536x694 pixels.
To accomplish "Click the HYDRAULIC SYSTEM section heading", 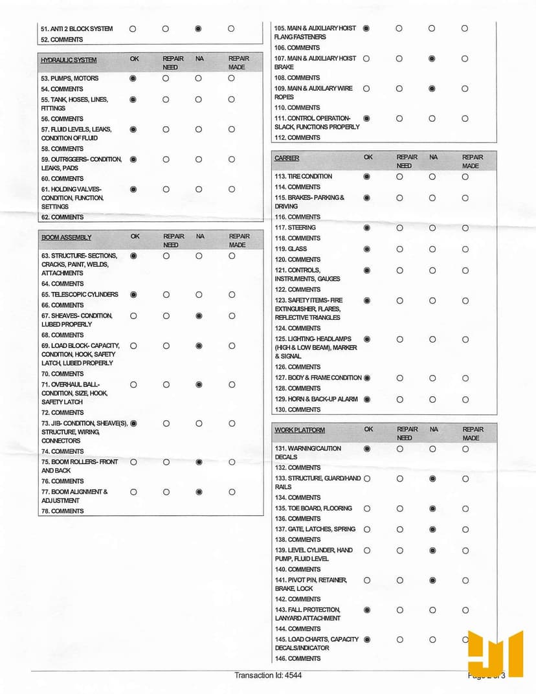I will [x=69, y=60].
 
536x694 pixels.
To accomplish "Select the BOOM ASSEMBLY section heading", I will [x=66, y=238].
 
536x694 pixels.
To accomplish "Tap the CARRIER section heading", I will [x=287, y=159].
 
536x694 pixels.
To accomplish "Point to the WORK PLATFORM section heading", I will [x=300, y=431].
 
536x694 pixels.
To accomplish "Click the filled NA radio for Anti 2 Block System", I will [x=198, y=28].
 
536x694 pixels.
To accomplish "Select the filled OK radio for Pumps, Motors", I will [x=133, y=78].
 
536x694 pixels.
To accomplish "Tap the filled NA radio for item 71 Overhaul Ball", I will [x=199, y=385].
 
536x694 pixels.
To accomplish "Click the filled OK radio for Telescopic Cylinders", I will [x=133, y=295].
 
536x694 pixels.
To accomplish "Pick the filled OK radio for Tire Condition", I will [x=367, y=176].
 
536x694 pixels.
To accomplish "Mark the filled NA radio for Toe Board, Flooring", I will [x=432, y=508].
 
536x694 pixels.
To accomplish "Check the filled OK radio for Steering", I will [x=367, y=228].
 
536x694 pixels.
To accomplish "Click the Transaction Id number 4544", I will [x=293, y=675].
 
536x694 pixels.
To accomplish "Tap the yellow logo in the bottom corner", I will [x=495, y=653].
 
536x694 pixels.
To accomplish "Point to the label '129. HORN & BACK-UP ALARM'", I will [x=316, y=399].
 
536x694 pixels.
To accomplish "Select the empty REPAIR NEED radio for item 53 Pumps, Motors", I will [x=166, y=78].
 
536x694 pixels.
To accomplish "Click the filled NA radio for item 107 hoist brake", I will [x=432, y=58].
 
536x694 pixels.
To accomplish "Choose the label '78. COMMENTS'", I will [x=62, y=511].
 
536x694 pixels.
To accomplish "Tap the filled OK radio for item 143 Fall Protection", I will [x=367, y=610].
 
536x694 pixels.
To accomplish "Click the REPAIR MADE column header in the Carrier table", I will [x=473, y=161].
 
